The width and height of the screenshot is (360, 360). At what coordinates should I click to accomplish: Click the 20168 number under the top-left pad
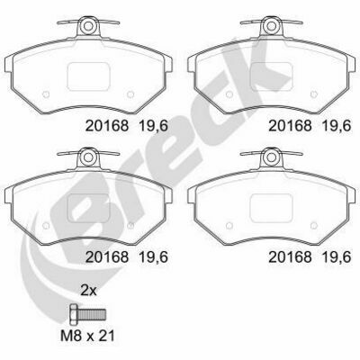tap(107, 126)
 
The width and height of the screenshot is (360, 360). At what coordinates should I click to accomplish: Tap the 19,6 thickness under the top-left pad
tap(153, 126)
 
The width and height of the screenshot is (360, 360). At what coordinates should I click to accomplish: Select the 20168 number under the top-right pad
tap(290, 126)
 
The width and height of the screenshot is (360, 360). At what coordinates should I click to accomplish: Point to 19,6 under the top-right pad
tap(336, 126)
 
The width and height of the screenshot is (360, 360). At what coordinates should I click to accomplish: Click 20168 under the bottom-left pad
tap(107, 257)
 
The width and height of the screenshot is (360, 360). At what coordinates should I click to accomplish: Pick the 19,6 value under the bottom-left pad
tap(153, 257)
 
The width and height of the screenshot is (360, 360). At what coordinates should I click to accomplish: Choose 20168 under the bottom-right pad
tap(290, 257)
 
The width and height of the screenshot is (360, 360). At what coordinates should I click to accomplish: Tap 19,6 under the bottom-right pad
tap(336, 257)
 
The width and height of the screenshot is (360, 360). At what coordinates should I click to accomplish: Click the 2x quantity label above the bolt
tap(88, 291)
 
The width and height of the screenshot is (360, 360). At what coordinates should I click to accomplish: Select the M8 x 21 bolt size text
tap(87, 336)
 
